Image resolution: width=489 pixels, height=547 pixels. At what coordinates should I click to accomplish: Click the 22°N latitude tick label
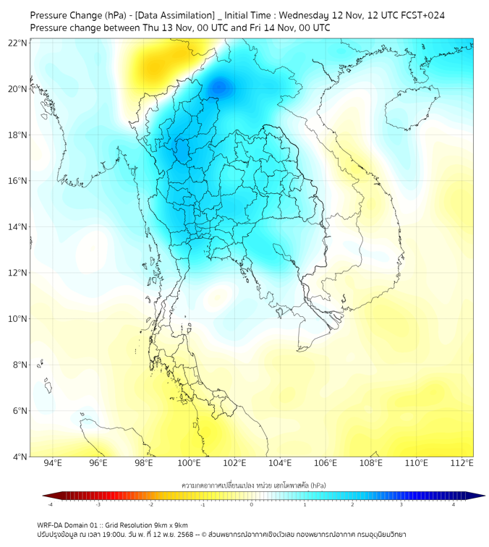[18, 43]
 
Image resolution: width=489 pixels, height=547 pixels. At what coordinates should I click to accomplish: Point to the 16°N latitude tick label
[18, 181]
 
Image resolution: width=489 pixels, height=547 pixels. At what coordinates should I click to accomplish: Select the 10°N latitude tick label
[18, 319]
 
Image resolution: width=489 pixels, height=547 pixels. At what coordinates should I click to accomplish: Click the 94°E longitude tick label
[53, 463]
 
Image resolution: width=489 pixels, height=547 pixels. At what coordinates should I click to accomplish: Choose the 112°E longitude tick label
[462, 463]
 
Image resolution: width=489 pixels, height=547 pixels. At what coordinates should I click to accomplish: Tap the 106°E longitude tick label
[326, 463]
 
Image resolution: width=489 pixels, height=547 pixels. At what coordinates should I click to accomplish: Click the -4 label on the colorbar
[50, 504]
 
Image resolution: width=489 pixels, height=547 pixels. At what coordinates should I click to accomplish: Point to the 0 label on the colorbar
[252, 504]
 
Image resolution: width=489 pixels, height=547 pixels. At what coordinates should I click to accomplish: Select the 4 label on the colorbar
[454, 504]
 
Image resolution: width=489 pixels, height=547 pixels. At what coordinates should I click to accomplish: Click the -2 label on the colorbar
[150, 504]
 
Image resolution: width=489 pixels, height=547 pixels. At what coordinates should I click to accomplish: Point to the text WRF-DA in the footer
[51, 525]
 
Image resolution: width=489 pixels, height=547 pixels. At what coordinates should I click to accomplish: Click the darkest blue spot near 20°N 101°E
[219, 88]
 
